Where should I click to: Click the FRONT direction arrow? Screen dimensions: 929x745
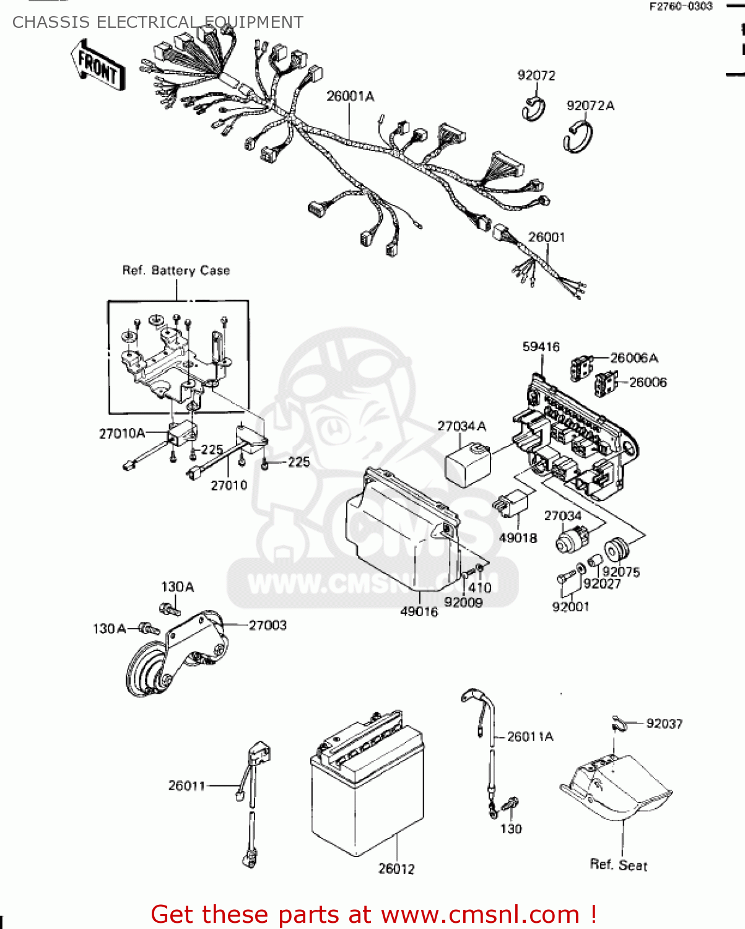click(x=98, y=66)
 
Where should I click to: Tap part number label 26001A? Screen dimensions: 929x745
click(x=350, y=97)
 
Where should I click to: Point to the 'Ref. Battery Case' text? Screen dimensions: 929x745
click(x=176, y=271)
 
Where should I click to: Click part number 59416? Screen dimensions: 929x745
click(x=541, y=347)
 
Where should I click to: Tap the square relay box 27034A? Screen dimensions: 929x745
click(x=468, y=463)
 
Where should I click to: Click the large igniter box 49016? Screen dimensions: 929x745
click(x=403, y=526)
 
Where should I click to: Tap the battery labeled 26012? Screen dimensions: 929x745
click(x=367, y=787)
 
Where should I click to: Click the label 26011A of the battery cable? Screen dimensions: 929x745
click(x=530, y=736)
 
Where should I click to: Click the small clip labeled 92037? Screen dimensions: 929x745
click(x=617, y=723)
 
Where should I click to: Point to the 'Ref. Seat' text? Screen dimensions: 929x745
click(x=618, y=865)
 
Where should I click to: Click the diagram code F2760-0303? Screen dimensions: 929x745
click(x=681, y=7)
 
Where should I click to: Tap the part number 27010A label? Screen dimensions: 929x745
click(x=122, y=434)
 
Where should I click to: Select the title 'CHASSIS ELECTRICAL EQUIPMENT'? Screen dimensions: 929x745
click(x=158, y=23)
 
